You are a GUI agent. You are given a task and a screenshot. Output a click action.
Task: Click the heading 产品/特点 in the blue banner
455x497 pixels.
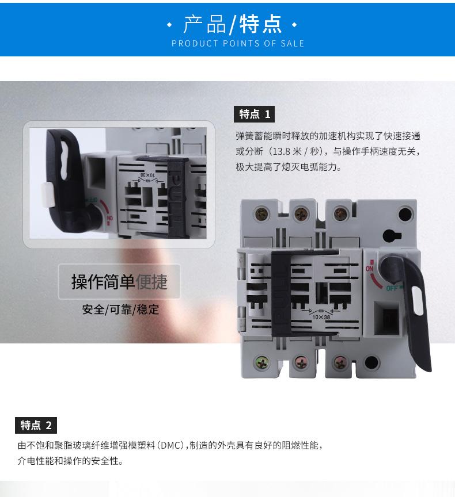click(233, 24)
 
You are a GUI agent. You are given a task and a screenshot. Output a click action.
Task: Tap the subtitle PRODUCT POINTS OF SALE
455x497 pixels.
click(238, 43)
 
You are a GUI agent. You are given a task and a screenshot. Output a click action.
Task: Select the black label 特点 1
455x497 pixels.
click(254, 114)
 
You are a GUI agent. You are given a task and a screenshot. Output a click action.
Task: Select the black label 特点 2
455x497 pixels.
click(36, 425)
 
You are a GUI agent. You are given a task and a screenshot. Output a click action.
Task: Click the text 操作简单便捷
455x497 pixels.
click(119, 281)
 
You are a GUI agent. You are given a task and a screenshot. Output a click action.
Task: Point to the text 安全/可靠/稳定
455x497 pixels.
click(120, 309)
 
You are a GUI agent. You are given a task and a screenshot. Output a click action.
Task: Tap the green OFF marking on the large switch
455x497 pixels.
click(392, 288)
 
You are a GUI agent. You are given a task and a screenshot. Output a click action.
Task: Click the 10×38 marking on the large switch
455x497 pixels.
click(321, 316)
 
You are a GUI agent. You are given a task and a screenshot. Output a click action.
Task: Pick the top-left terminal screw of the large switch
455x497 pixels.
click(263, 213)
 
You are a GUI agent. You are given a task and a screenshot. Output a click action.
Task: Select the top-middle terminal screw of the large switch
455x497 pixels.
click(301, 214)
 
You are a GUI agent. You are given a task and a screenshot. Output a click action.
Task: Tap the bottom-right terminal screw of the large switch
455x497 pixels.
click(340, 362)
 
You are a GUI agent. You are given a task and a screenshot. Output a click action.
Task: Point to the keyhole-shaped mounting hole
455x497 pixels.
click(392, 236)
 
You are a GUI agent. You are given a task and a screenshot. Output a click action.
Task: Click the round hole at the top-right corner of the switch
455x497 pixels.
click(405, 214)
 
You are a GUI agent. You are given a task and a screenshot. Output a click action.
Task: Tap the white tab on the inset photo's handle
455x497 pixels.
click(48, 194)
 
